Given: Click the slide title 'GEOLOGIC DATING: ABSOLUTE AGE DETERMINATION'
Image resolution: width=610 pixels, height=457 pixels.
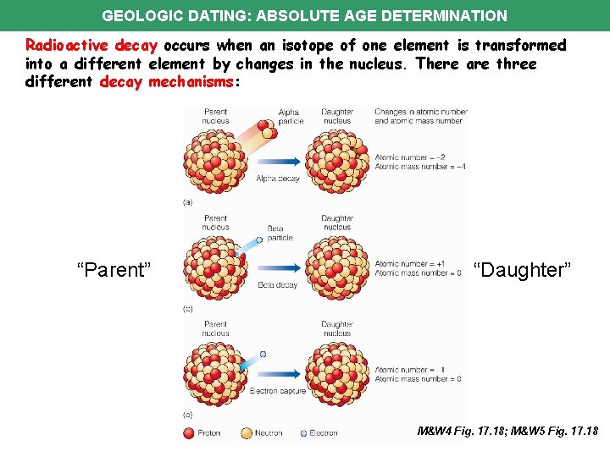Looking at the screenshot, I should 304,15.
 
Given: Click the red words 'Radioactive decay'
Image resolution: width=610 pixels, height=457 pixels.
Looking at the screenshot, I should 91,45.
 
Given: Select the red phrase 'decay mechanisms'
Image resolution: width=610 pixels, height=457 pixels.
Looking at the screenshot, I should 164,82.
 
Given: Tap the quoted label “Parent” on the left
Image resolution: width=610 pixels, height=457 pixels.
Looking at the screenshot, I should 114,270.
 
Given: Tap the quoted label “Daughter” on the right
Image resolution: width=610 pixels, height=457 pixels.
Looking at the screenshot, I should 523,270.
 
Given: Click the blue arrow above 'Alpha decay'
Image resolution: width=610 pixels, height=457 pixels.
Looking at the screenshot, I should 277,161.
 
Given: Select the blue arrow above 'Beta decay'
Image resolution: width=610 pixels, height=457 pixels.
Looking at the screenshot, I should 277,267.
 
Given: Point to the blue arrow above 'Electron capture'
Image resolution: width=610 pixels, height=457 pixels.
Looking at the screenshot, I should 277,373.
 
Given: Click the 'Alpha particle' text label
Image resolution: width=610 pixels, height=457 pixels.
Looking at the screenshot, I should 290,116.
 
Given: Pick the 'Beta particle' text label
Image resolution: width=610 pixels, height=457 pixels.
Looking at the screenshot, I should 280,233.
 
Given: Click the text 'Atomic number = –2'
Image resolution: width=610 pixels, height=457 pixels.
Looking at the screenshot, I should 409,157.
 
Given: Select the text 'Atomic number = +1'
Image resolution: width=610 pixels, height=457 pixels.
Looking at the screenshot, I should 409,264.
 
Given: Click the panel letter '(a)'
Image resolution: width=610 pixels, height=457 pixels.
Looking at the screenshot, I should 187,201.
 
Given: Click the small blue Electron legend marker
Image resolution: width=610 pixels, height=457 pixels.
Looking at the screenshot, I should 303,433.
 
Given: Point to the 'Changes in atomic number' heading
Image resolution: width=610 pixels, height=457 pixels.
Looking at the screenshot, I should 419,112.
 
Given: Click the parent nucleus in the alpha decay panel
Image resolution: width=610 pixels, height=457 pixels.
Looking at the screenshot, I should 215,161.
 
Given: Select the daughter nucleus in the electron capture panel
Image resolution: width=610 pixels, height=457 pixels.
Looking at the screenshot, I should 337,374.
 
